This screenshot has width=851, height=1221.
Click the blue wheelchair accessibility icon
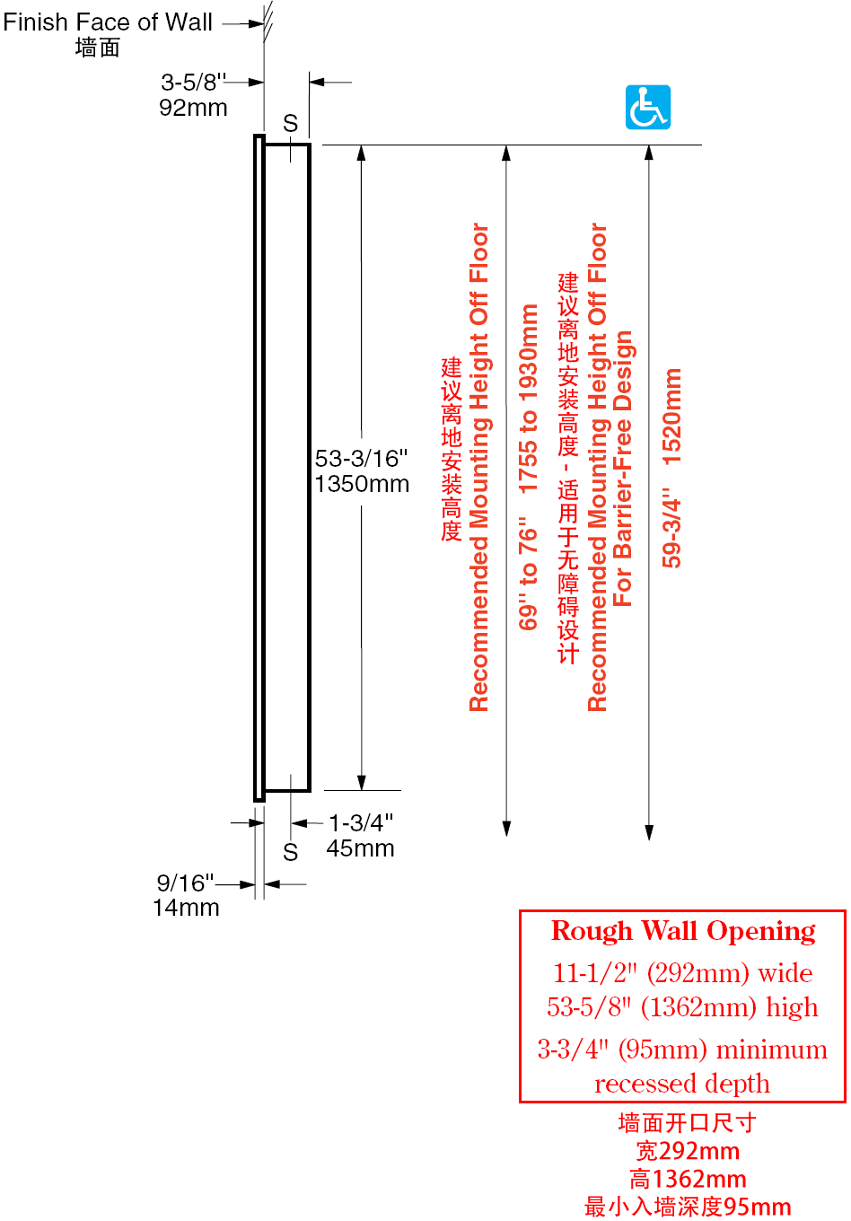647,107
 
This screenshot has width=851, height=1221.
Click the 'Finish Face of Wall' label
108,22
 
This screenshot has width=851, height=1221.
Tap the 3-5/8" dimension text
193,83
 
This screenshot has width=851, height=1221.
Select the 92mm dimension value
193,108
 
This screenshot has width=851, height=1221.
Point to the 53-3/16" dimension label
361,459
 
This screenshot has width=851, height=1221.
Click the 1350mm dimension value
362,484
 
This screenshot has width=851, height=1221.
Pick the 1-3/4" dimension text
361,822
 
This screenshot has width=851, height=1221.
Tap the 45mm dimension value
360,848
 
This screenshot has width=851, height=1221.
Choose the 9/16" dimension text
185,883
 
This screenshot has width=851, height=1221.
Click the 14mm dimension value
186,908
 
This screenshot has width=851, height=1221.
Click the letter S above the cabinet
291,123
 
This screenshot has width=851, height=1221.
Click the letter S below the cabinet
291,852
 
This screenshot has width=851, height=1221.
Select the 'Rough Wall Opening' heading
683,931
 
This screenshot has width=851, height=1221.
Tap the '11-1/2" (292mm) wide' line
683,973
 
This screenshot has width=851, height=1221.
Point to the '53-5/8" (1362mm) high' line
682,1006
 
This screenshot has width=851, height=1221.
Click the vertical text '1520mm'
671,417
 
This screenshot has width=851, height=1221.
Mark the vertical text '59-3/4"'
671,532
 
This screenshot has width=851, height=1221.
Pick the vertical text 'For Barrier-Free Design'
622,469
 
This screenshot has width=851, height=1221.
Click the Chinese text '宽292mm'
688,1151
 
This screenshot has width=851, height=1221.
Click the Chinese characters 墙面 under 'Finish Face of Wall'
98,48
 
